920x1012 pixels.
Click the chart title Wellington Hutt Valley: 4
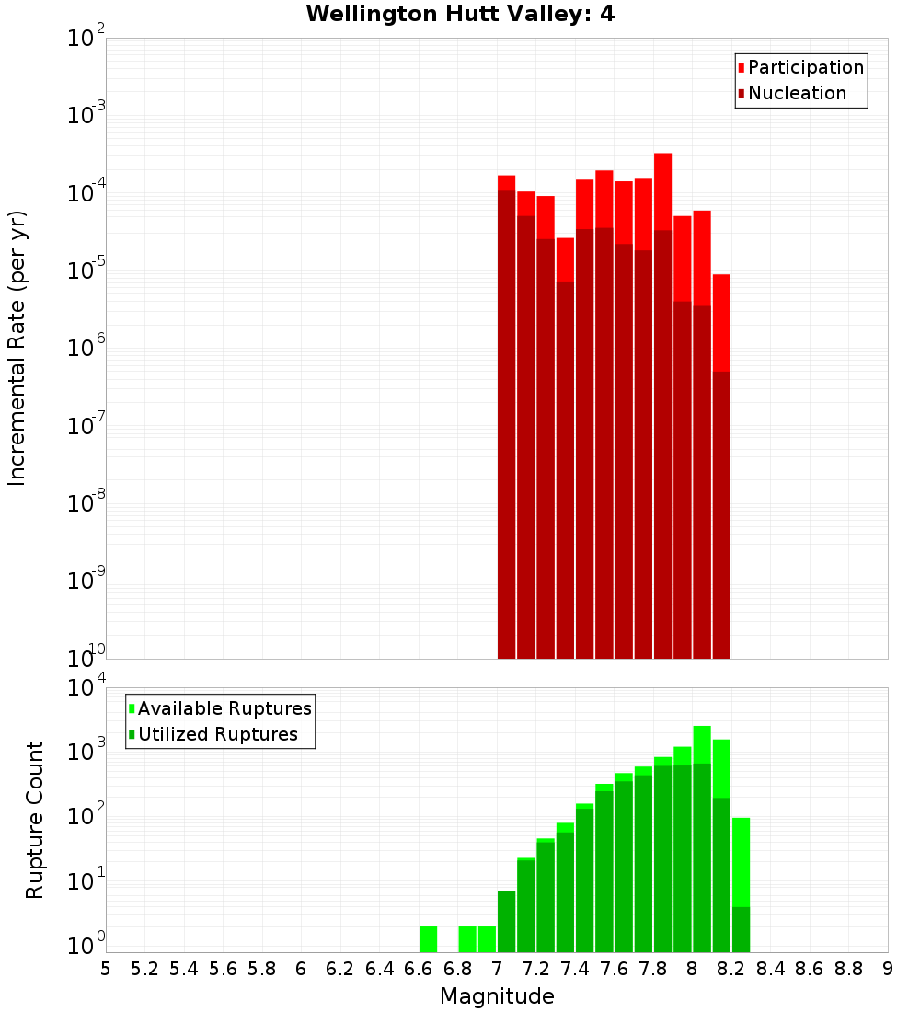click(x=460, y=14)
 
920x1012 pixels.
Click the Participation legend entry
click(x=805, y=67)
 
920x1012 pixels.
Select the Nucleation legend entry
click(x=797, y=93)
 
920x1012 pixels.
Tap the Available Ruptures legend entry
click(x=224, y=708)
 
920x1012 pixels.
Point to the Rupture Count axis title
click(x=35, y=819)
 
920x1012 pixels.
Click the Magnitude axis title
click(x=497, y=996)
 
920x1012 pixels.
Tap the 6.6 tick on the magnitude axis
click(x=419, y=969)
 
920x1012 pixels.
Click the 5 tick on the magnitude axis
click(x=106, y=969)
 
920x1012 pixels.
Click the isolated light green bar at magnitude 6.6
click(x=428, y=939)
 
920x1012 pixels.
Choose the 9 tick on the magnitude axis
click(x=888, y=969)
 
